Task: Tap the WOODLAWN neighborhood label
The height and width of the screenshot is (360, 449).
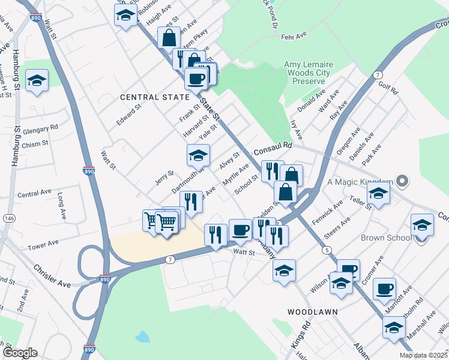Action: pyautogui.click(x=312, y=312)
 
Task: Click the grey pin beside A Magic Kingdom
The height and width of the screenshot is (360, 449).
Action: pyautogui.click(x=403, y=181)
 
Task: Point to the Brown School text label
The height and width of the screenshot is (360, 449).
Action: pyautogui.click(x=386, y=238)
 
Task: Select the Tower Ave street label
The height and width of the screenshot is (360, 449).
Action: pyautogui.click(x=44, y=245)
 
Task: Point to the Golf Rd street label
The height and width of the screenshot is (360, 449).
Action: pyautogui.click(x=388, y=88)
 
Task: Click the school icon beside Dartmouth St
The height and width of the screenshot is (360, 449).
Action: pyautogui.click(x=198, y=156)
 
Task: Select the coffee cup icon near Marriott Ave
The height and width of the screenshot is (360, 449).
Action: pyautogui.click(x=384, y=289)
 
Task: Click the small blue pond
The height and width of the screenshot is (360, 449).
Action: pyautogui.click(x=142, y=337)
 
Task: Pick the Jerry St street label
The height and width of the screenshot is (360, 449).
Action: pyautogui.click(x=164, y=176)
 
